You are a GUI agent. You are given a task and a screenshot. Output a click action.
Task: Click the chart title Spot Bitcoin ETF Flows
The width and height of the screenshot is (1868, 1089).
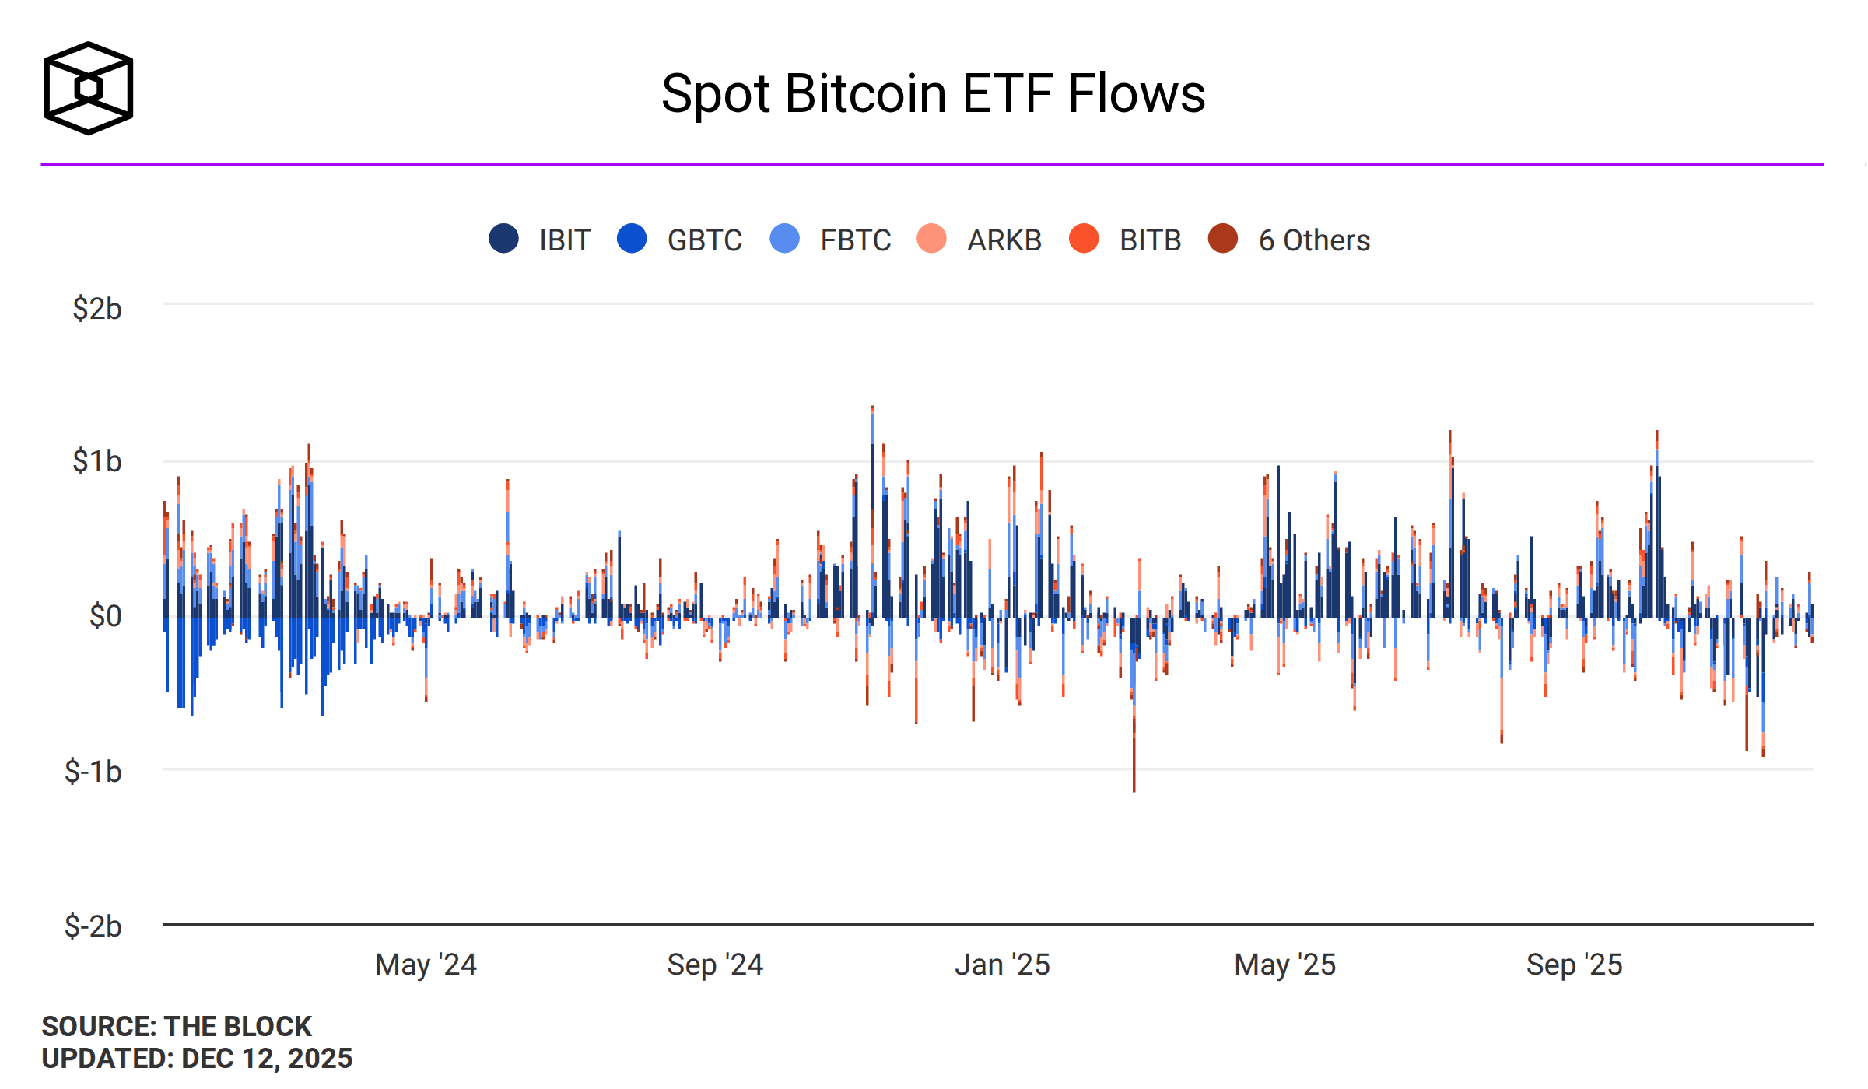pyautogui.click(x=933, y=94)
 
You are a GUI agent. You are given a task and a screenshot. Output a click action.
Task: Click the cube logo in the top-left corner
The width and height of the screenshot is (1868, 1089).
pyautogui.click(x=88, y=88)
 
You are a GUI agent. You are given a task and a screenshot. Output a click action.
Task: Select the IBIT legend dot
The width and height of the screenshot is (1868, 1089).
pyautogui.click(x=503, y=239)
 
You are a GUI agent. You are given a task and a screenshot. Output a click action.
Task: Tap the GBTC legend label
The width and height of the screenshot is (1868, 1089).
pyautogui.click(x=704, y=240)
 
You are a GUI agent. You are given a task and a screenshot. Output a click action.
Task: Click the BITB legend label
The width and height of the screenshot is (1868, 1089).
pyautogui.click(x=1150, y=240)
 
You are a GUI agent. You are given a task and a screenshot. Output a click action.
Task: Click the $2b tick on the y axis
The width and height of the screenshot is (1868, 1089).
pyautogui.click(x=97, y=309)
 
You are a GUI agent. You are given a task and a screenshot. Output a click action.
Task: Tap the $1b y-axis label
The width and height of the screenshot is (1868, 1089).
pyautogui.click(x=97, y=461)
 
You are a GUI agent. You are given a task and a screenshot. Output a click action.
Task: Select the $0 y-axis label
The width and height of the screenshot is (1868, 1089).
pyautogui.click(x=106, y=616)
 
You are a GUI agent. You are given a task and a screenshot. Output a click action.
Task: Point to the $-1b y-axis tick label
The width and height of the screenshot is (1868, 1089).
pyautogui.click(x=93, y=772)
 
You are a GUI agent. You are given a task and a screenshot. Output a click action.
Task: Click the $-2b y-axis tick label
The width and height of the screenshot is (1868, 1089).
pyautogui.click(x=93, y=926)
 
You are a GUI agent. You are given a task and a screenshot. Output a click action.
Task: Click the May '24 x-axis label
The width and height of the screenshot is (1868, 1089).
pyautogui.click(x=426, y=965)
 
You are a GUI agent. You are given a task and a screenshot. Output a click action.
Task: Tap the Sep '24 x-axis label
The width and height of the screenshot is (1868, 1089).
pyautogui.click(x=715, y=965)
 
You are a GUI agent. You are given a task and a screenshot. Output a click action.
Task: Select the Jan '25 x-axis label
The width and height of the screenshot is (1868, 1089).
pyautogui.click(x=1002, y=965)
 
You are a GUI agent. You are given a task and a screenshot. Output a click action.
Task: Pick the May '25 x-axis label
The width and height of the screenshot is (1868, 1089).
pyautogui.click(x=1284, y=965)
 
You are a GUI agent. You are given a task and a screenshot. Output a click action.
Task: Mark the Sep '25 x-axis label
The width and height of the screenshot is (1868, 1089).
pyautogui.click(x=1574, y=965)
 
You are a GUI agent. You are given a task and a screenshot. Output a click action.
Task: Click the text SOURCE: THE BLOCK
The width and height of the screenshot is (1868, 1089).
pyautogui.click(x=177, y=1026)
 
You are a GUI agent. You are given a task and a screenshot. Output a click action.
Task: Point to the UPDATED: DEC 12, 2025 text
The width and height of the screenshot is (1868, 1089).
pyautogui.click(x=197, y=1059)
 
